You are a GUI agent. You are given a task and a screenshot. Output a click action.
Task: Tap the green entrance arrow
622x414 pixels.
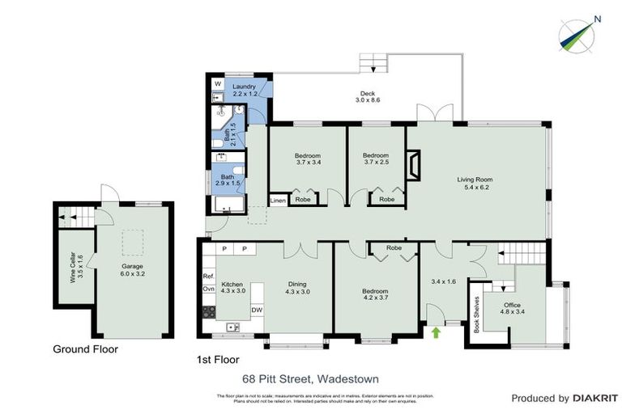pyautogui.click(x=438, y=331)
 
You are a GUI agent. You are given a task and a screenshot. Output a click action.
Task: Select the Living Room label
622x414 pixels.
pyautogui.click(x=474, y=180)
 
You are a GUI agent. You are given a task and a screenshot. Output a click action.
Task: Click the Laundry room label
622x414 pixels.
pyautogui.click(x=244, y=87)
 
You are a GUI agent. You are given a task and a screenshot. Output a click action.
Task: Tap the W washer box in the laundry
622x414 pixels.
pyautogui.click(x=218, y=84)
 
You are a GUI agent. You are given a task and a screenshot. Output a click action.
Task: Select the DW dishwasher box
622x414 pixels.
pyautogui.click(x=257, y=309)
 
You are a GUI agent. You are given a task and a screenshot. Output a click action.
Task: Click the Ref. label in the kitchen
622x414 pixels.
pyautogui.click(x=208, y=277)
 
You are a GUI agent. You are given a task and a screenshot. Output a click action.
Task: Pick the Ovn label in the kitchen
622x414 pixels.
pyautogui.click(x=208, y=289)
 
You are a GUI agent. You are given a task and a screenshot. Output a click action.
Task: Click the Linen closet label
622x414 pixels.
pyautogui.click(x=278, y=199)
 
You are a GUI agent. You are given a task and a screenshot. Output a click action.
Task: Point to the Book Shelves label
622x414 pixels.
pyautogui.click(x=477, y=316)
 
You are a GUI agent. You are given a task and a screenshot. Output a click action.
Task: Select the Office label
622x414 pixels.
pyautogui.click(x=513, y=305)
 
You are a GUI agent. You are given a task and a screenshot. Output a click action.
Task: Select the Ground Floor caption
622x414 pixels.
pyautogui.click(x=85, y=349)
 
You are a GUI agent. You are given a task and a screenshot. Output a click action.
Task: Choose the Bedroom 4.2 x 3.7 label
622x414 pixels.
pyautogui.click(x=376, y=291)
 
